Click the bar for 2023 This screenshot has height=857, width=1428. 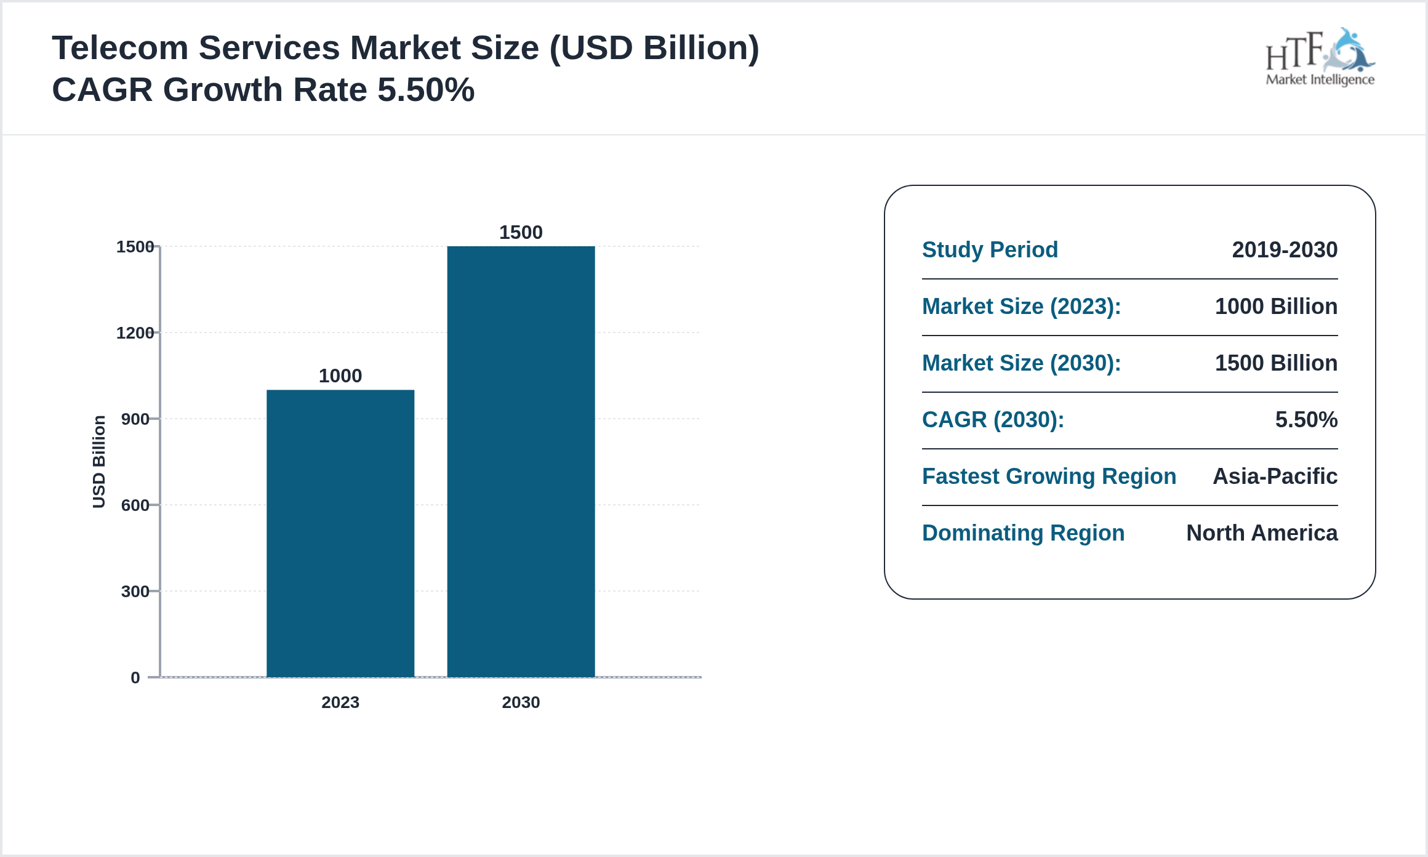tap(340, 533)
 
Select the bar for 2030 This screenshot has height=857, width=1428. tap(521, 462)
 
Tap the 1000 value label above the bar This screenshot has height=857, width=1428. tap(340, 376)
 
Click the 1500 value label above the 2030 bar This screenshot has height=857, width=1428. tap(521, 232)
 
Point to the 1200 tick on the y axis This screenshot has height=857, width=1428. tap(135, 333)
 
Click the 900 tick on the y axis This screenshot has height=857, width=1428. tap(135, 419)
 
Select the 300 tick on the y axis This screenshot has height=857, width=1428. tap(135, 592)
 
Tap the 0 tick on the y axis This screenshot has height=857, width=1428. tap(135, 678)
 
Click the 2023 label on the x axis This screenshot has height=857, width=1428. tap(340, 702)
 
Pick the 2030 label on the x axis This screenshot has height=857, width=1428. tap(521, 702)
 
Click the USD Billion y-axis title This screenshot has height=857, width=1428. tap(99, 462)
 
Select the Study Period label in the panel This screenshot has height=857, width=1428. tap(990, 250)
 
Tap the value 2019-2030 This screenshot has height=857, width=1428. tap(1285, 250)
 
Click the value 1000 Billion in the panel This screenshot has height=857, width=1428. tap(1276, 307)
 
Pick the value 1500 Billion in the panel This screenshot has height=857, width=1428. tap(1276, 363)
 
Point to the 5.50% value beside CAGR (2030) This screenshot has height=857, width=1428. tap(1306, 420)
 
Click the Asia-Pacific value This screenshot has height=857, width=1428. tap(1275, 477)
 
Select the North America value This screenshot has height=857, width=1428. tap(1262, 533)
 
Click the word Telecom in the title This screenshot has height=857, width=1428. tap(120, 48)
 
